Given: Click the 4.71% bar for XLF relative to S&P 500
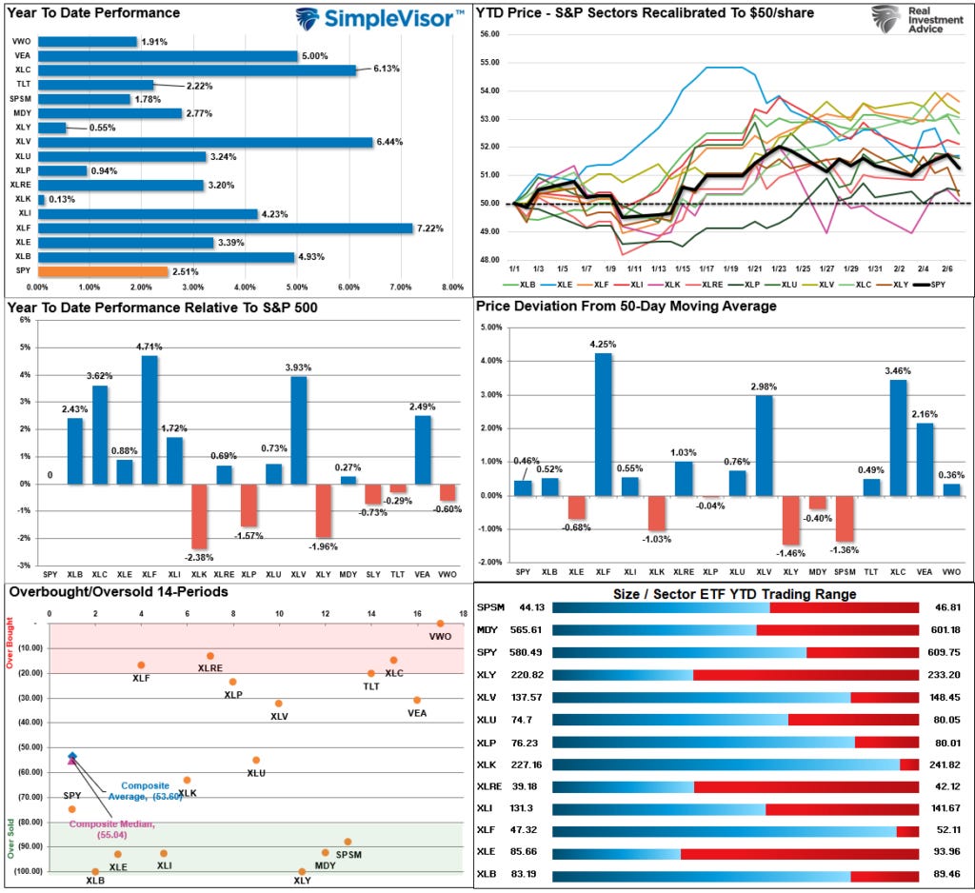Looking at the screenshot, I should pos(149,419).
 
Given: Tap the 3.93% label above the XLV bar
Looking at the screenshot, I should pos(299,367).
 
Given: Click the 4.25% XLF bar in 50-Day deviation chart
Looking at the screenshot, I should pos(604,424).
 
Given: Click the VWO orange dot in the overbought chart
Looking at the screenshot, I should pos(441,624).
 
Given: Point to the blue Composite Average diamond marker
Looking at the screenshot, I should pos(72,756).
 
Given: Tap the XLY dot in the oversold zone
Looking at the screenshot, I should pos(302,871).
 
